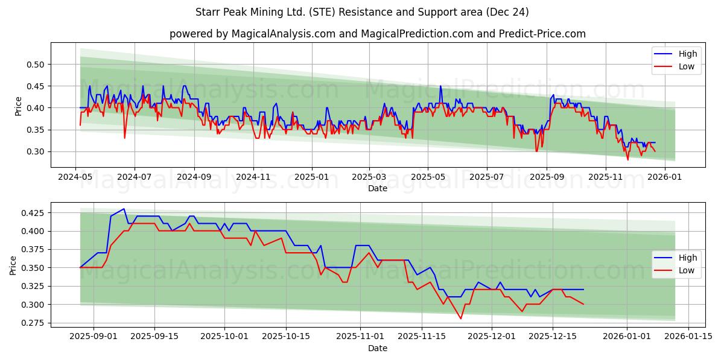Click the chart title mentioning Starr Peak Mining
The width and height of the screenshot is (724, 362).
click(362, 12)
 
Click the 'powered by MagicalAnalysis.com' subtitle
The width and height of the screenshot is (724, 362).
click(377, 34)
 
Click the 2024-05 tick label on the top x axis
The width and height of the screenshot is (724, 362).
click(75, 177)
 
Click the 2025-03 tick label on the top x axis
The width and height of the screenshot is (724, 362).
click(369, 177)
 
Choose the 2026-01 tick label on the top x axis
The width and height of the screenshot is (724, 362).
click(664, 177)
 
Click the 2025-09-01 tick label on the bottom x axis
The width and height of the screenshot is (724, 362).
click(94, 337)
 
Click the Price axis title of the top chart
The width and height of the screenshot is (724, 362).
click(19, 106)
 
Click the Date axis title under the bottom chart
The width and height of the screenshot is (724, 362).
click(378, 348)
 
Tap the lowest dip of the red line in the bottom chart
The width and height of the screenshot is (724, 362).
click(461, 319)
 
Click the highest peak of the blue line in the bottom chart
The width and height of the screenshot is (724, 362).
click(124, 209)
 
